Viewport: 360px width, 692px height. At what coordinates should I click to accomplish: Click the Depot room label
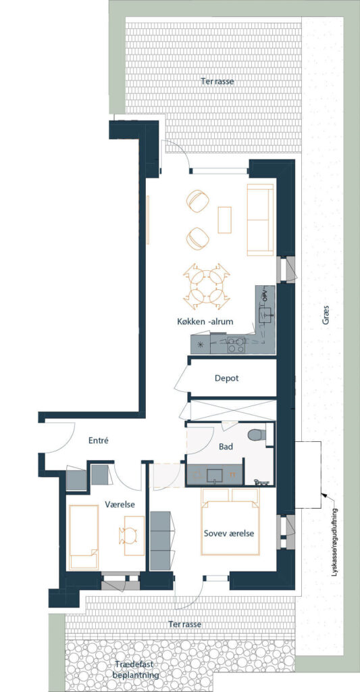click(x=227, y=378)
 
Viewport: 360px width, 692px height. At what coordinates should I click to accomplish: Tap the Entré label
click(x=98, y=441)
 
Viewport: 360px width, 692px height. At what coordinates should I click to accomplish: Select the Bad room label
click(x=226, y=447)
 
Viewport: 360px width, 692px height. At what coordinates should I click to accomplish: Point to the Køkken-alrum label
click(x=203, y=322)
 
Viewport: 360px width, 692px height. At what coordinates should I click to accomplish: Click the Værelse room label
click(x=120, y=504)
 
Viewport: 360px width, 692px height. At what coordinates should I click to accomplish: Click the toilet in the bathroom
click(x=257, y=435)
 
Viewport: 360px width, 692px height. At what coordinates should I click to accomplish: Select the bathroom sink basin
click(x=215, y=475)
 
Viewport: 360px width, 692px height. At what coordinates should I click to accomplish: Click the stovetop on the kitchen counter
click(x=236, y=344)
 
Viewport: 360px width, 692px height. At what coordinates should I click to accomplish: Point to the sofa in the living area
click(x=260, y=220)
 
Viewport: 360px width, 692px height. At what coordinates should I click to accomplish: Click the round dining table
click(x=207, y=287)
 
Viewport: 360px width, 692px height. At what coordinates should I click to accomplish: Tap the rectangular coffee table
click(x=224, y=220)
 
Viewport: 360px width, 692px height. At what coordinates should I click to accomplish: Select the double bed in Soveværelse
click(x=230, y=521)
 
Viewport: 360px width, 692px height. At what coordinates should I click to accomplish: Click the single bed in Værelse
click(x=83, y=537)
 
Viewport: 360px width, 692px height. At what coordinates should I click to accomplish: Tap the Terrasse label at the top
click(x=217, y=82)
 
